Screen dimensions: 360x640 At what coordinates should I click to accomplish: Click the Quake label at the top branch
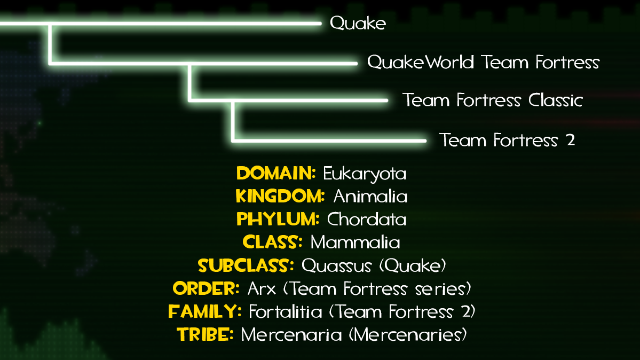(358, 23)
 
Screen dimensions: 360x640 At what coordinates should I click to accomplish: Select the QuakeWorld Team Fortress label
(483, 62)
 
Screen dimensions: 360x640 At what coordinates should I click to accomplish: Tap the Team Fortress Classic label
(492, 100)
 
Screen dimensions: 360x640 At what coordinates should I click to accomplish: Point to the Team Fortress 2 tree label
(507, 140)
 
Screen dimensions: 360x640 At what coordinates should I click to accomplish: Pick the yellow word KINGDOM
(280, 196)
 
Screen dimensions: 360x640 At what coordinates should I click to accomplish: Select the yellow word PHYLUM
(278, 219)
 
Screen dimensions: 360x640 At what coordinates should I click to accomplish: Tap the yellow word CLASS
(273, 242)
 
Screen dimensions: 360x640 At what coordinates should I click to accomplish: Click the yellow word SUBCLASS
(246, 265)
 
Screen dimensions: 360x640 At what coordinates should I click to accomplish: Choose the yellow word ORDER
(206, 288)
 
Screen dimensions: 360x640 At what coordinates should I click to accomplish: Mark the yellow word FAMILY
(205, 311)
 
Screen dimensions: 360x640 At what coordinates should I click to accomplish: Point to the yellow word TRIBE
(205, 335)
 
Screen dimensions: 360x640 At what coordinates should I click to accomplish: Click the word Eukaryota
(365, 174)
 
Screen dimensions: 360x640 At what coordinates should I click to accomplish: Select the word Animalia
(370, 197)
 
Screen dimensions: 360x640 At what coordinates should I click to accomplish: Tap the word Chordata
(367, 220)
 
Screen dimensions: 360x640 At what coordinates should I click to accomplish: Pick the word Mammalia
(355, 242)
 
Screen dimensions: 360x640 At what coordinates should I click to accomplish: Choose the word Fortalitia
(286, 311)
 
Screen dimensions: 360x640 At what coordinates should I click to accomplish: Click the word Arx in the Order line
(262, 289)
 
